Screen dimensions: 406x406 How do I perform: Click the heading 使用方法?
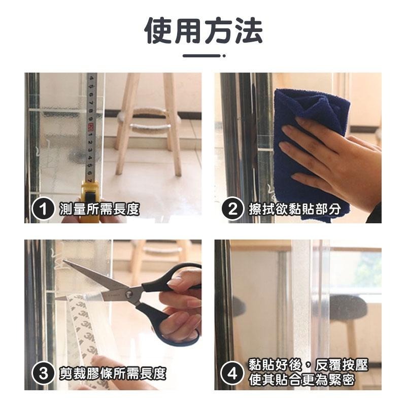pos(203,31)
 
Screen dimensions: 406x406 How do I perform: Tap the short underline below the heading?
pos(203,55)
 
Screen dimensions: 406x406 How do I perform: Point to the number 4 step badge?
pos(233,374)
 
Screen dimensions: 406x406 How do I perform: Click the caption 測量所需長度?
pos(99,209)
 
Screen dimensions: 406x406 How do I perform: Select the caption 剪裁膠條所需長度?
pos(112,374)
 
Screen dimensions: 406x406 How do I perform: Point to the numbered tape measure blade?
pos(92,127)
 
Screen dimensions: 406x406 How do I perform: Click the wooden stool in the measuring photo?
pos(147,122)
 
